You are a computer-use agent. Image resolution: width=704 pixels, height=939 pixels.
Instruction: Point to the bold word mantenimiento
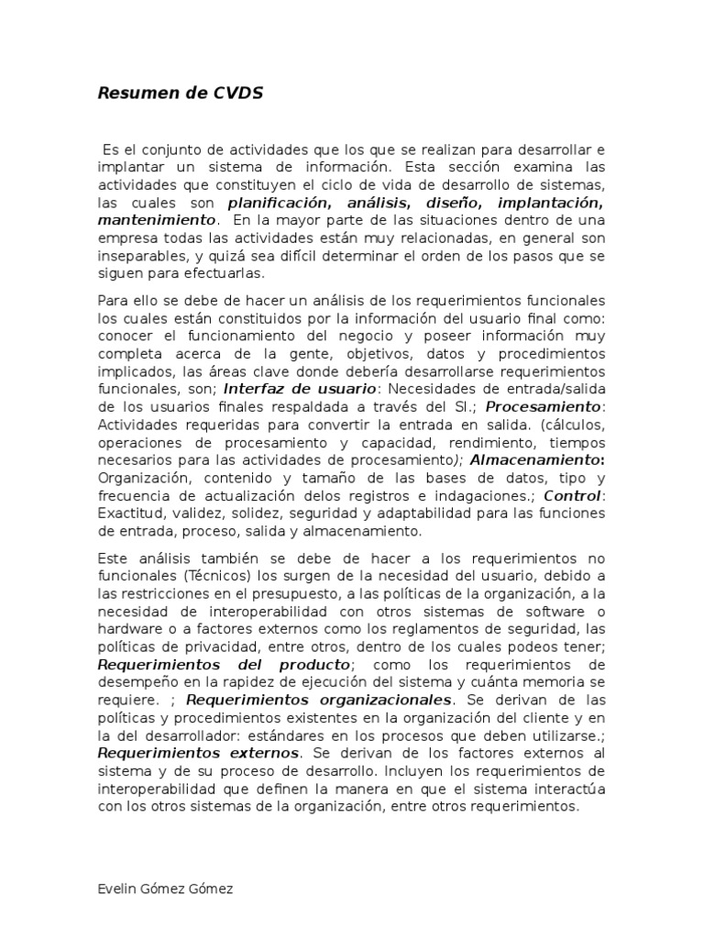coord(157,220)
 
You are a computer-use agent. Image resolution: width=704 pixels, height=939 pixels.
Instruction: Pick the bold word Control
coord(572,496)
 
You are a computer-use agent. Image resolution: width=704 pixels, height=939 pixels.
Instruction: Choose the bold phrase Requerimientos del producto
coord(224,665)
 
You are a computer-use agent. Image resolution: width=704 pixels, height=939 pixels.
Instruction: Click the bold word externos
coord(261,754)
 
